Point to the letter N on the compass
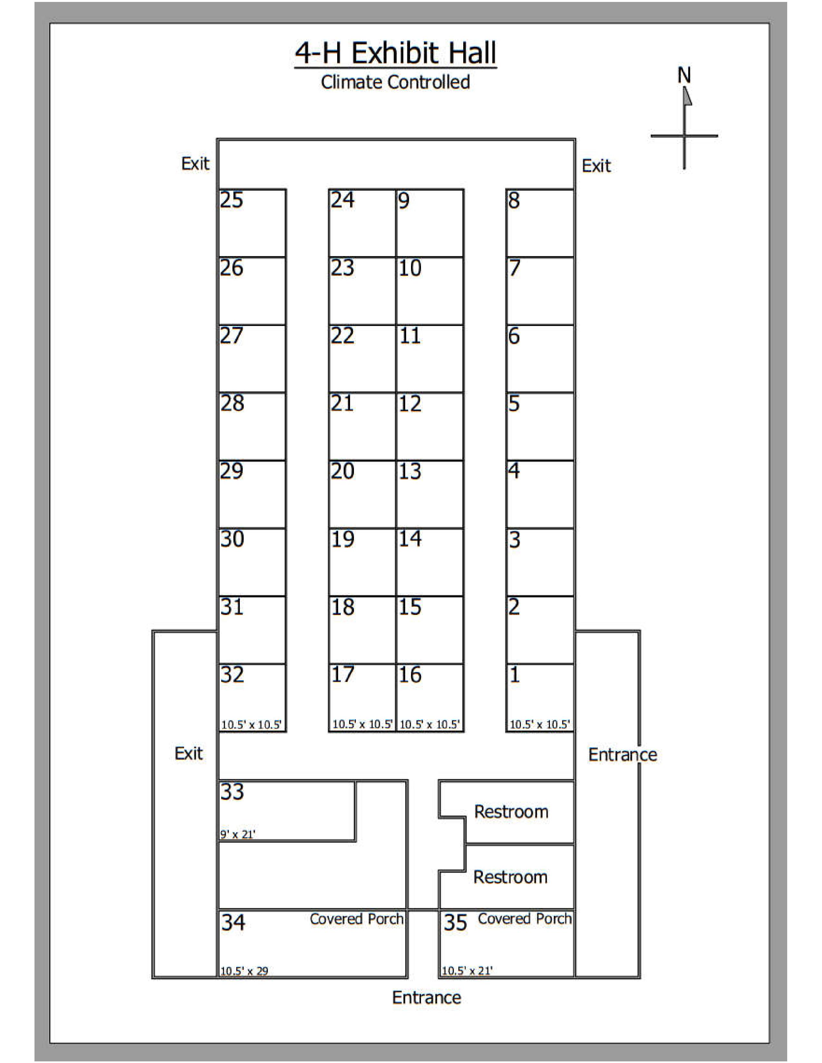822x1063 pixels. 684,75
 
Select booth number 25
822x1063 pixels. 231,200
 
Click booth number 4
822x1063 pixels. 514,471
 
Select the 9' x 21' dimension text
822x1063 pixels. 238,834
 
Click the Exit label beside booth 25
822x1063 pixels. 195,164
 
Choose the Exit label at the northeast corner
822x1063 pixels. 596,166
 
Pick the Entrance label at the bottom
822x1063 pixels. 426,998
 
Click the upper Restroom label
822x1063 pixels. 511,812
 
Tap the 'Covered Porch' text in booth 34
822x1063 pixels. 357,919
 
